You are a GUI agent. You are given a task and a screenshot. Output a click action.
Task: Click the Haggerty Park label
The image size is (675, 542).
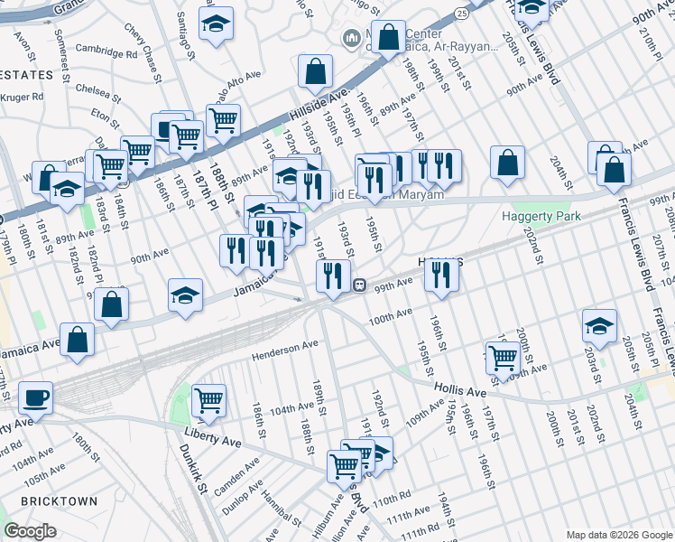point(541,217)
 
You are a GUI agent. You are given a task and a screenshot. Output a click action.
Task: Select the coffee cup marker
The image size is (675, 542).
point(35,397)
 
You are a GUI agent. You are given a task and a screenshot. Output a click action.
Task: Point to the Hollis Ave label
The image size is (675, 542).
point(460,392)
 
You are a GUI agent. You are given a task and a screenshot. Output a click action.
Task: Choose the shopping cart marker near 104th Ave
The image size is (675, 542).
point(208,400)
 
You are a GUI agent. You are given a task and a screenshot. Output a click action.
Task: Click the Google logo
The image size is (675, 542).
point(30,531)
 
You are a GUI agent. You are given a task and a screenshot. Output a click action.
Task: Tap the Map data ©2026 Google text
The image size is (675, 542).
point(618,535)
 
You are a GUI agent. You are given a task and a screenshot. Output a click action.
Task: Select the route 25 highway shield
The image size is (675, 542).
point(461,14)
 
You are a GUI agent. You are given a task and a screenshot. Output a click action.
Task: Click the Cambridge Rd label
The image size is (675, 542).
point(106,51)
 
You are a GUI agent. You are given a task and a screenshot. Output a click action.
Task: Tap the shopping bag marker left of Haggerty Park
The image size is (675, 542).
point(508,163)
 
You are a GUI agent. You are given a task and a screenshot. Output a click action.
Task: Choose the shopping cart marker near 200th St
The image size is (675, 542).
point(503,358)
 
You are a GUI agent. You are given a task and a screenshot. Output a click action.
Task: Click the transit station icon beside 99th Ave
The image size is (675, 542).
point(358,285)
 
